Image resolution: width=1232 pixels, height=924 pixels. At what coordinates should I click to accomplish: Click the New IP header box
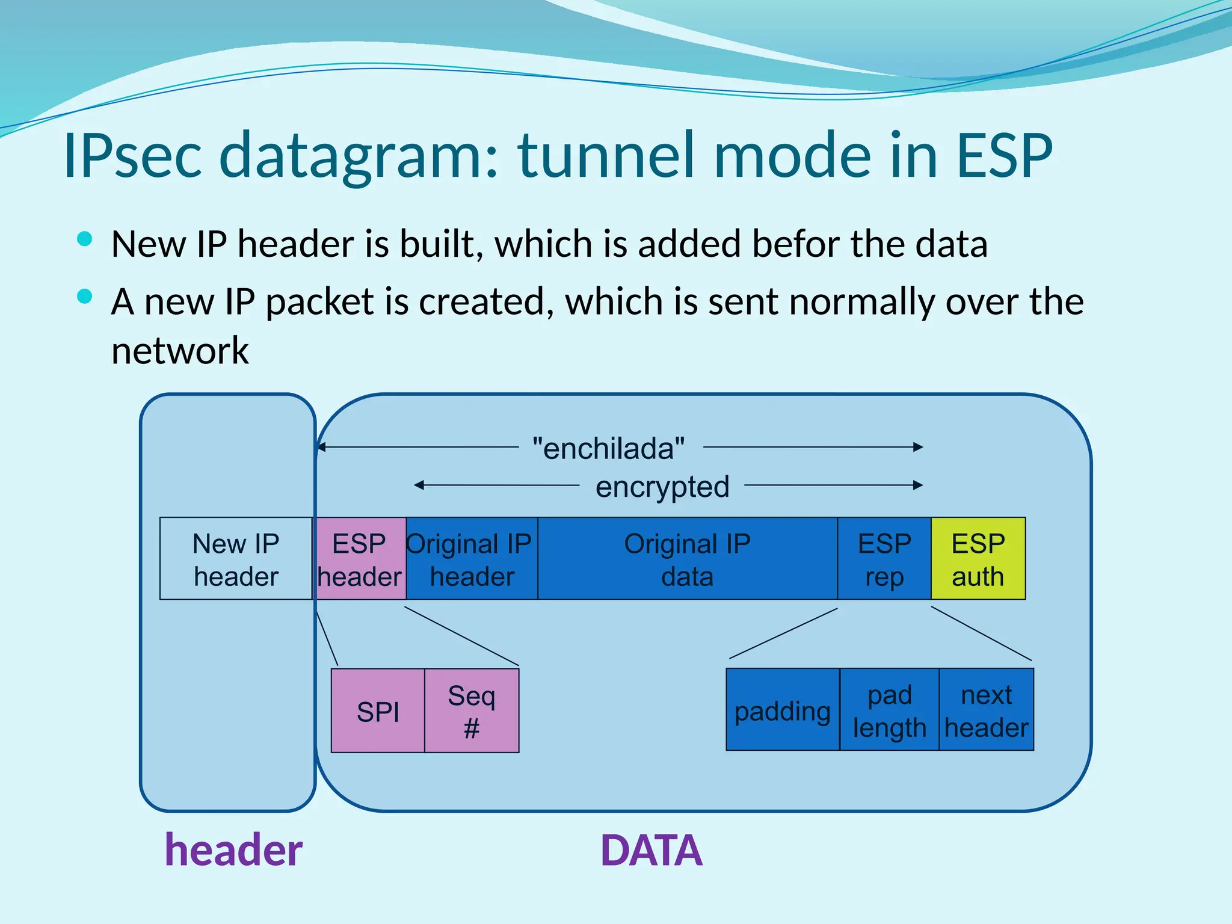(x=236, y=558)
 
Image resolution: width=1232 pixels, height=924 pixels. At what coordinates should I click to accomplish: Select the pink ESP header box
(x=360, y=558)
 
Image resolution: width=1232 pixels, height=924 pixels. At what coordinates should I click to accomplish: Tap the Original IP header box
(x=472, y=558)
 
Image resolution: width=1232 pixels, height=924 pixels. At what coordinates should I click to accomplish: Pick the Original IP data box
(x=687, y=558)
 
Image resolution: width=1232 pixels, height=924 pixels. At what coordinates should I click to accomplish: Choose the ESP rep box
(x=884, y=558)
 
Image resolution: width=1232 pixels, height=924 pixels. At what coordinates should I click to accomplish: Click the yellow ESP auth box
(x=978, y=558)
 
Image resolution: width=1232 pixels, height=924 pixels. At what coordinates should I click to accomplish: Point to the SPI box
(x=378, y=711)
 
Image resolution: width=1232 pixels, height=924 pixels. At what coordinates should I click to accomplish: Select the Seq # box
(x=472, y=711)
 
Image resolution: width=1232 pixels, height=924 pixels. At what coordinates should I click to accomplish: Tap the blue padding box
(x=782, y=710)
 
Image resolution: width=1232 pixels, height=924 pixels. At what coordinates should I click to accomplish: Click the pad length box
(x=889, y=710)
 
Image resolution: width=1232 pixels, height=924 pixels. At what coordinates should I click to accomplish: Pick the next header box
(x=986, y=710)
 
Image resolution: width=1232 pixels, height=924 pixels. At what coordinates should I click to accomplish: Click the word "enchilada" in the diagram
(x=609, y=448)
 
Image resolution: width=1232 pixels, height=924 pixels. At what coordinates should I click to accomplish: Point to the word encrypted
(x=662, y=486)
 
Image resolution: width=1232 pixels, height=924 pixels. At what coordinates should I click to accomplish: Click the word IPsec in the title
(x=132, y=156)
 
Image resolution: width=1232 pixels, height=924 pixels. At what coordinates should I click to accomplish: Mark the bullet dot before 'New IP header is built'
(x=85, y=239)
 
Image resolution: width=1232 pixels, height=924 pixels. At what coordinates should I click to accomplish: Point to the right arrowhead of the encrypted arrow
(x=918, y=485)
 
